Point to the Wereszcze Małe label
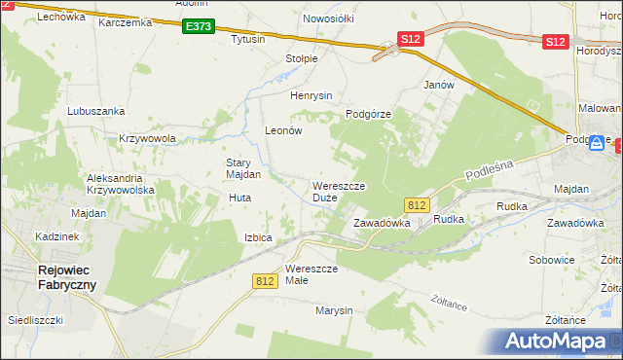click(x=311, y=274)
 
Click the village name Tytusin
click(x=248, y=40)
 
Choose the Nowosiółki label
click(x=328, y=18)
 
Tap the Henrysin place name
click(x=311, y=95)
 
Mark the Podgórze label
click(x=368, y=114)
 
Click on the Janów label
click(x=439, y=85)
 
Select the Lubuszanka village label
click(x=92, y=111)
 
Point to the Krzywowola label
click(x=147, y=138)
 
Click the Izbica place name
click(x=258, y=237)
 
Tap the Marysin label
click(x=333, y=310)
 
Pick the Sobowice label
click(x=552, y=260)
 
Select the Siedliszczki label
click(x=35, y=319)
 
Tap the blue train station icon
click(x=596, y=142)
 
